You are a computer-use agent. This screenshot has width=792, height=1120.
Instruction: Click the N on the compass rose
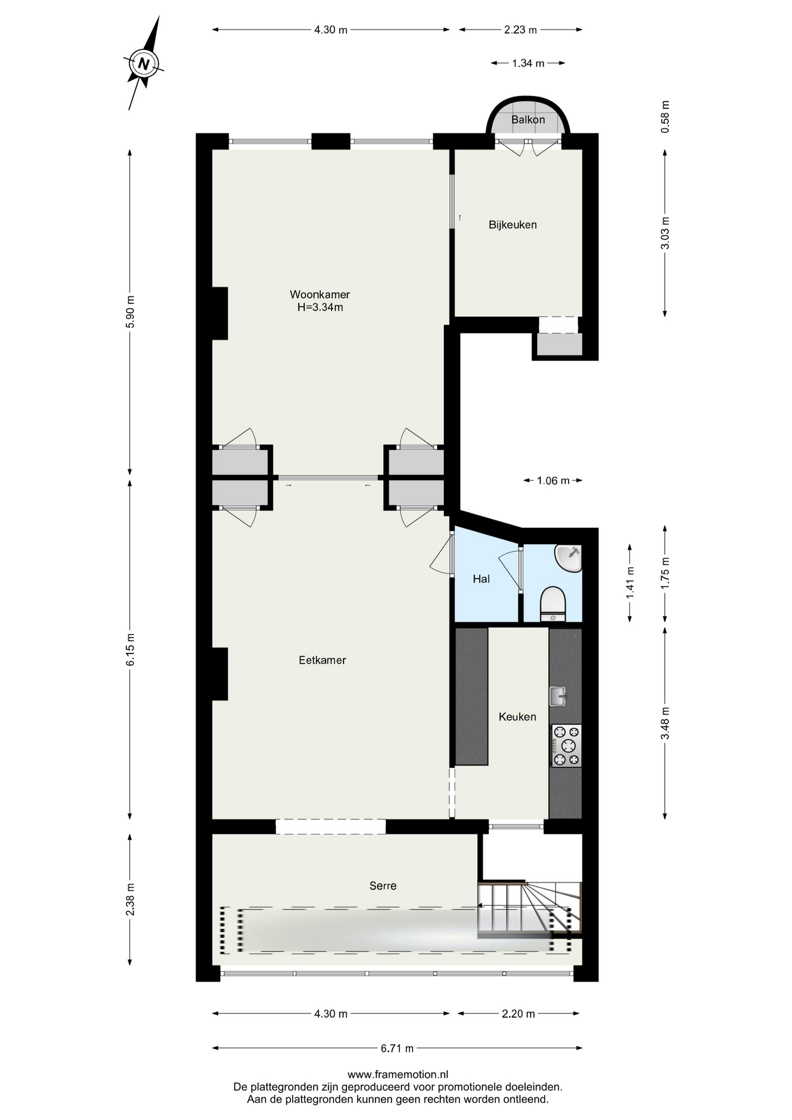(143, 63)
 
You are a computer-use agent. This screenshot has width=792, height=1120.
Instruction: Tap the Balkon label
(528, 120)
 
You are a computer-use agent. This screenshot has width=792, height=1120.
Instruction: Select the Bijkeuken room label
(513, 225)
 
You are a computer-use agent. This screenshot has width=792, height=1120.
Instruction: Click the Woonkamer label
(320, 295)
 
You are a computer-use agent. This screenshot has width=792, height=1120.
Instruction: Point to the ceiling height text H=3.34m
(320, 307)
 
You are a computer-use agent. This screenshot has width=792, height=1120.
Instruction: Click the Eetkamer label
(322, 660)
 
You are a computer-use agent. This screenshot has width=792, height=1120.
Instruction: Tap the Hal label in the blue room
(481, 579)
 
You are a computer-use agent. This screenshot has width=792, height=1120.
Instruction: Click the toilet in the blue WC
(552, 604)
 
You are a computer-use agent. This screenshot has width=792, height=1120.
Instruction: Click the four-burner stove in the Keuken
(566, 745)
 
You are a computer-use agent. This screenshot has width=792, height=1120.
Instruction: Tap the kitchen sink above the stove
(558, 696)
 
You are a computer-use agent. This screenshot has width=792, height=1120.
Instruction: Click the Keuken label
(517, 717)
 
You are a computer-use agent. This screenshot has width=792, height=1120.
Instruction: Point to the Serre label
(383, 885)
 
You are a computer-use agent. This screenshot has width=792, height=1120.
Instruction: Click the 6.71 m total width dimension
(397, 1048)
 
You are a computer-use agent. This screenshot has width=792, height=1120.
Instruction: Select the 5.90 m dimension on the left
(130, 311)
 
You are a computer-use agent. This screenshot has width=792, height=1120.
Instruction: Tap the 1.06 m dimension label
(553, 481)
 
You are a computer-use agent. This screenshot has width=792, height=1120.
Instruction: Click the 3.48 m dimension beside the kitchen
(665, 723)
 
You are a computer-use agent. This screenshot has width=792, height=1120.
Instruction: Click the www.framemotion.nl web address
(398, 1074)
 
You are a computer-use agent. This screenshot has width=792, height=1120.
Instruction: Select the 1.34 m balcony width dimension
(528, 63)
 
